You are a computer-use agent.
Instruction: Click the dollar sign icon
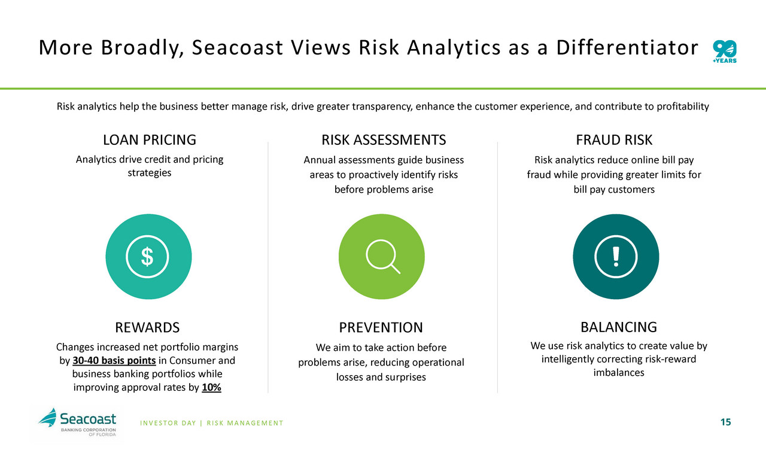(147, 256)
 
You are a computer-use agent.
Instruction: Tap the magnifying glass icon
(382, 256)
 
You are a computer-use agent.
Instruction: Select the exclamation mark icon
(616, 256)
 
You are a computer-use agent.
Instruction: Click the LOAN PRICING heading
(150, 140)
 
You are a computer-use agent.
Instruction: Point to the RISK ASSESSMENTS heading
(384, 140)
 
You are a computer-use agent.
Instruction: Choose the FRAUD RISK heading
(614, 140)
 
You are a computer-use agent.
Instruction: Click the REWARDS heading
(147, 327)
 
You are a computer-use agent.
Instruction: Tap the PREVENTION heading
(381, 327)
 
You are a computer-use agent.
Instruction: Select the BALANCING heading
(619, 327)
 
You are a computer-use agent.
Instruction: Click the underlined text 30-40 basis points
(114, 361)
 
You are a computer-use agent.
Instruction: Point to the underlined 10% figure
(211, 387)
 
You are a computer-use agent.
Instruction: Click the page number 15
(726, 423)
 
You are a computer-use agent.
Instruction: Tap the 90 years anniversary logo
(725, 51)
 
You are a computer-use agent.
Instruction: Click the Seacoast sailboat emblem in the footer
(47, 417)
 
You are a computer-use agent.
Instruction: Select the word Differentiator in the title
(627, 47)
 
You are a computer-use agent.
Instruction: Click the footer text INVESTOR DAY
(168, 423)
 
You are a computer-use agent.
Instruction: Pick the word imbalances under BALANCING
(619, 373)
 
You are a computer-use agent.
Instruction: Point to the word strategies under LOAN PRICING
(150, 173)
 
